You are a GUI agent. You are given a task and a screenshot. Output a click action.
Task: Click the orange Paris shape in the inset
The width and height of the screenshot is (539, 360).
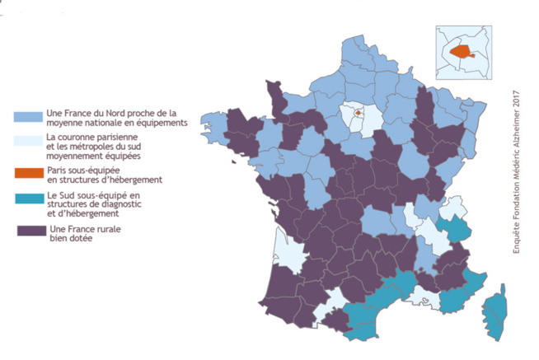tap(463, 52)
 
